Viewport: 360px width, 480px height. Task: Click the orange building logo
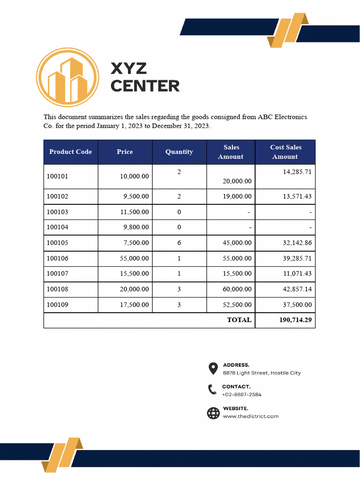click(68, 78)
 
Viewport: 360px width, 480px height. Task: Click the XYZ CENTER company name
click(144, 77)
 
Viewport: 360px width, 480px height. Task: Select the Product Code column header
click(70, 152)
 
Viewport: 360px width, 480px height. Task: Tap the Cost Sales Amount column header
click(285, 152)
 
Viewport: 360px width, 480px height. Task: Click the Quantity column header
click(179, 152)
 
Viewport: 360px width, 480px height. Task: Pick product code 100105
click(58, 243)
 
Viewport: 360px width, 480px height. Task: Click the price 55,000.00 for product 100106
click(135, 258)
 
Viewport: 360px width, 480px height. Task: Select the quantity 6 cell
click(179, 243)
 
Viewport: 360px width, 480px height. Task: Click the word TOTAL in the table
click(239, 320)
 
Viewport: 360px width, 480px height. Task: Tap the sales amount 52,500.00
click(237, 305)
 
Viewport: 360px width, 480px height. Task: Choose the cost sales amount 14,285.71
click(297, 172)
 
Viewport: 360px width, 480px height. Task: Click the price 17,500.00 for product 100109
click(135, 305)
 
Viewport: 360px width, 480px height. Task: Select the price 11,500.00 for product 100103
click(135, 212)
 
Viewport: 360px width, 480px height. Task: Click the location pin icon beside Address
click(213, 368)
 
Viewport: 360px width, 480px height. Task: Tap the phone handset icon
click(213, 390)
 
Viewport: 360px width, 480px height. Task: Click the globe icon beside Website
click(213, 412)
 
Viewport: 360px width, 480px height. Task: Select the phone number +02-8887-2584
click(241, 395)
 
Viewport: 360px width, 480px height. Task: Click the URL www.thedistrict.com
click(250, 416)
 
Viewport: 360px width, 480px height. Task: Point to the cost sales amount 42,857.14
click(297, 289)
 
